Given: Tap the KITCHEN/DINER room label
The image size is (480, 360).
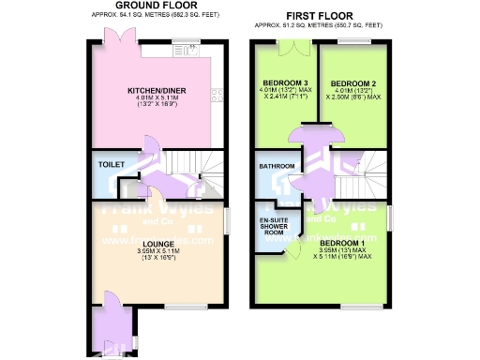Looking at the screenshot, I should (157, 90).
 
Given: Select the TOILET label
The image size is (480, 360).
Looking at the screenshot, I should (111, 164).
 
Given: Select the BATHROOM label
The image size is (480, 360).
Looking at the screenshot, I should (277, 167).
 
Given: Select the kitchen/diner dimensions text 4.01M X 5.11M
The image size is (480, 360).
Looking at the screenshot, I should (157, 98).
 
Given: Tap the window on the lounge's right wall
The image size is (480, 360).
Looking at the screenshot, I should (225, 221).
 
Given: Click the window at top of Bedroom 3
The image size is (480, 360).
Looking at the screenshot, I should (289, 43).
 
